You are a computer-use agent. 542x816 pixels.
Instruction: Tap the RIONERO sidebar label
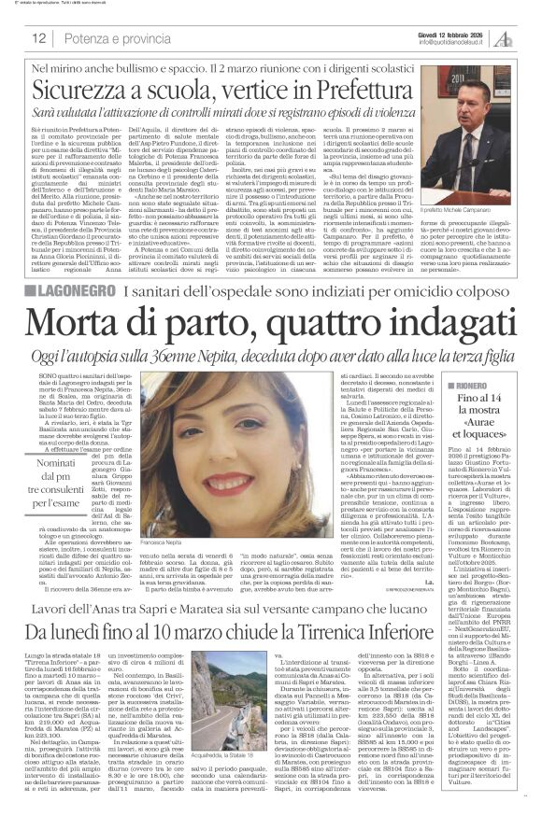click(473, 385)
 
